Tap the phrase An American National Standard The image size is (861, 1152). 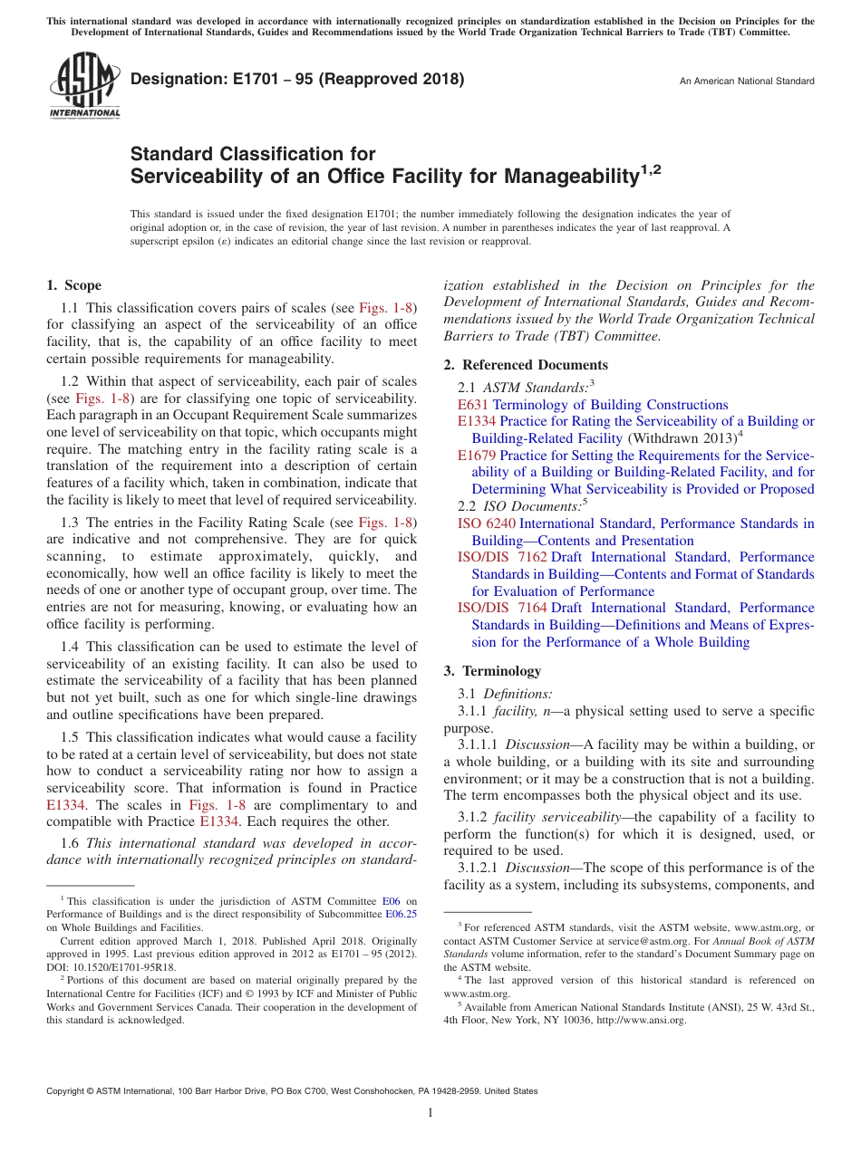pos(747,82)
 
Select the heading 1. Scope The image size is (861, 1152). pos(73,285)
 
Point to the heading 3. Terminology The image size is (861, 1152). pos(492,671)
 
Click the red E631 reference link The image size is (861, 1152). pos(472,405)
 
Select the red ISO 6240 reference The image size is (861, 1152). pos(486,523)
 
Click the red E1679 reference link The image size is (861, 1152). pos(477,456)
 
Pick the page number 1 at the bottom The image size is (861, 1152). pos(430,1113)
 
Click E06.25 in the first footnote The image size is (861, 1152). pos(401,914)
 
